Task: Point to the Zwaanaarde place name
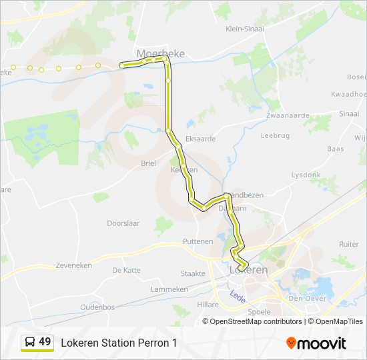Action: (x=288, y=115)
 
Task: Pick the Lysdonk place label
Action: (x=306, y=175)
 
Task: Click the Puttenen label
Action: (x=197, y=241)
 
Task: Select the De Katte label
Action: (x=126, y=270)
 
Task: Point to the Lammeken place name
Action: (x=169, y=289)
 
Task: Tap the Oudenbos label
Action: (x=97, y=307)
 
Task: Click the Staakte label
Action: (x=193, y=273)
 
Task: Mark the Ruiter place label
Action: (x=348, y=245)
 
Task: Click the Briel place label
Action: (x=148, y=163)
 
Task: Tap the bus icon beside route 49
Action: (x=30, y=343)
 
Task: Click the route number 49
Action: (x=45, y=342)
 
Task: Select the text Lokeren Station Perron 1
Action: (x=119, y=343)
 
